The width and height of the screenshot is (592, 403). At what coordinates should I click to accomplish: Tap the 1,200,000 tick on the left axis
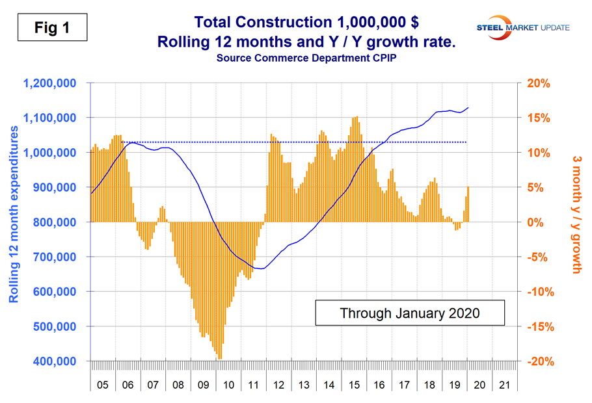[x=49, y=83]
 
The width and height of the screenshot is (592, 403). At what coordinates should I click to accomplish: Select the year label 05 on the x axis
[x=103, y=385]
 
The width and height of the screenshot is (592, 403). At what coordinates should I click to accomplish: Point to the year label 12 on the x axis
[x=278, y=385]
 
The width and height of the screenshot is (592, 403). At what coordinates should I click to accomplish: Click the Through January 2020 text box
[x=409, y=313]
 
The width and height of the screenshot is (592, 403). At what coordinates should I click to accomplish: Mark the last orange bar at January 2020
[x=468, y=204]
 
